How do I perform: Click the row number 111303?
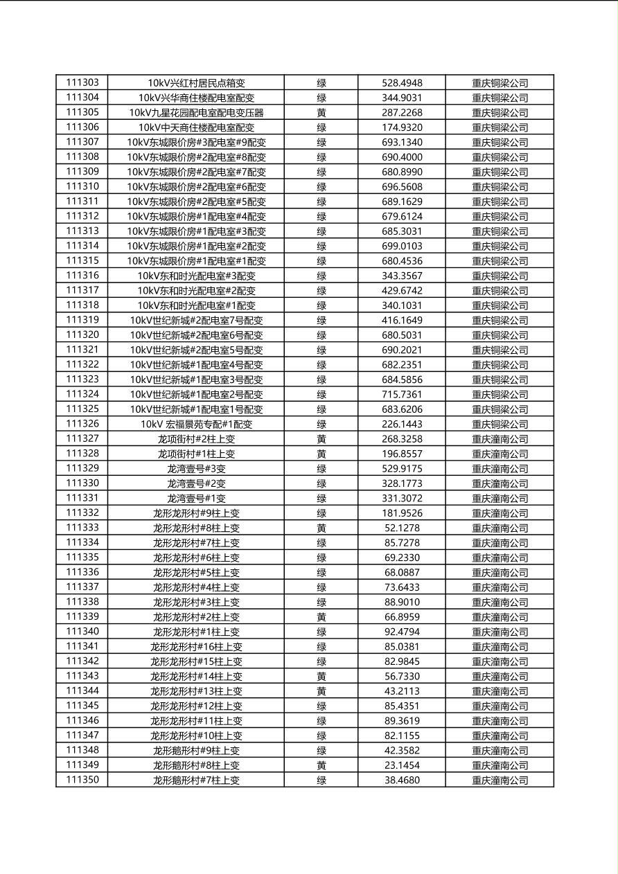click(82, 82)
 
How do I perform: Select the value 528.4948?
click(402, 83)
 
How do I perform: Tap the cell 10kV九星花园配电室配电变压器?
click(196, 113)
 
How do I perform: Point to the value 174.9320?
click(402, 127)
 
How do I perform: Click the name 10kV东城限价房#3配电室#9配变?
click(196, 143)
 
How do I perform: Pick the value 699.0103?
click(402, 246)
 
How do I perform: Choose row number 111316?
click(82, 276)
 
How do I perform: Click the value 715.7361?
click(402, 395)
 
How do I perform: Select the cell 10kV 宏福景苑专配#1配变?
click(196, 425)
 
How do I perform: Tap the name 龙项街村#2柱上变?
click(196, 439)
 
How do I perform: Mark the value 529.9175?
click(402, 469)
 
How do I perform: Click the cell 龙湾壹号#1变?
click(196, 499)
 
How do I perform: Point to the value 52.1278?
click(402, 528)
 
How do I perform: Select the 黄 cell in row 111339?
click(321, 617)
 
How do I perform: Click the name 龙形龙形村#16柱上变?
click(196, 647)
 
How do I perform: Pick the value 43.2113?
click(402, 691)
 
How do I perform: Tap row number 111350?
click(82, 780)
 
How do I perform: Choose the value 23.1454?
click(402, 765)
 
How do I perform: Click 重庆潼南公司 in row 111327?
click(500, 439)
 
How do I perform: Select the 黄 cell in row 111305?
click(321, 113)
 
